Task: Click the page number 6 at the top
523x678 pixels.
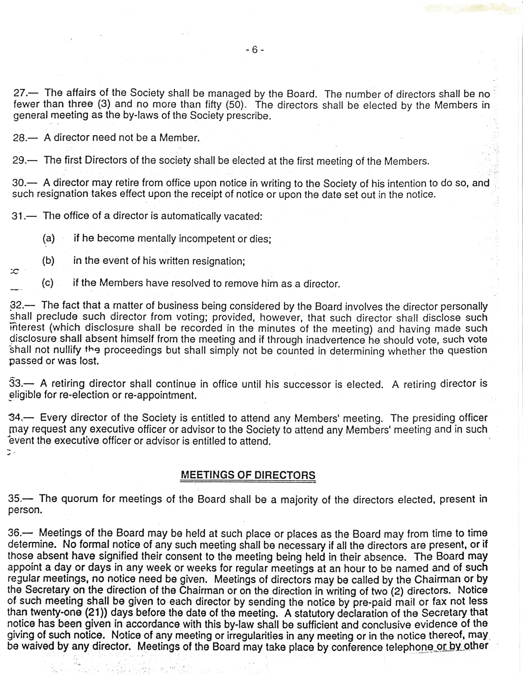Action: coord(255,50)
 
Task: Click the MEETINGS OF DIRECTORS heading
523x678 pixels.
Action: coord(248,475)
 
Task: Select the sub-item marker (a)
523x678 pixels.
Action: coord(49,238)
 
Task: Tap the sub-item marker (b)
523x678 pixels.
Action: coord(48,261)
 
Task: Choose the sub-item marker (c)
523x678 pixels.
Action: coord(48,283)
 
